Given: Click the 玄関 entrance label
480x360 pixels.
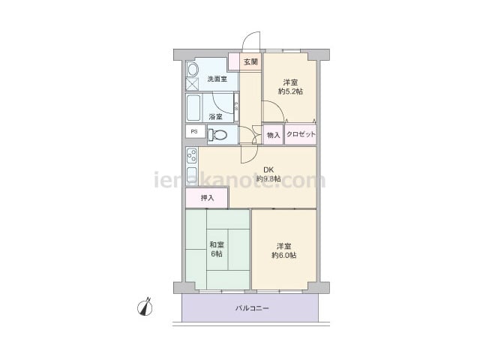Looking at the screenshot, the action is coord(250,62).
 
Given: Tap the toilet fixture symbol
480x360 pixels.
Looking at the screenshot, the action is coord(217,134).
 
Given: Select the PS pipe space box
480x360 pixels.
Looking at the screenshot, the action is coord(195,132).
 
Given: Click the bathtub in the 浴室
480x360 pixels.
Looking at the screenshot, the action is coord(193,108).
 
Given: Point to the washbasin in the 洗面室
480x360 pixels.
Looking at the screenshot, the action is coord(193,70).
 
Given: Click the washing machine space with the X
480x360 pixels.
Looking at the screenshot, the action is coord(192,84).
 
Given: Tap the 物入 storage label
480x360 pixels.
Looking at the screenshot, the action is coord(273,135).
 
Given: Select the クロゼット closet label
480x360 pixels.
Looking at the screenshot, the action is coord(301,134).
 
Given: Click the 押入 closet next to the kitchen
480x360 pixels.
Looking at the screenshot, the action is coord(207,198).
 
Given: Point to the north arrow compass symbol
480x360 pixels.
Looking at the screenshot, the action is coord(145,307).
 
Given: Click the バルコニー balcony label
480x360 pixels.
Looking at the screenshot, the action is coord(252,308).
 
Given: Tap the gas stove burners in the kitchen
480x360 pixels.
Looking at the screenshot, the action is coord(192,156).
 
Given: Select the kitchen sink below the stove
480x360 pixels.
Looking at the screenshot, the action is coord(192,175).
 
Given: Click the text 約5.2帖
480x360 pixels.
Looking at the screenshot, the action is coord(290,91).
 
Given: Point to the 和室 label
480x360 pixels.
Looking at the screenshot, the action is coord(217,245).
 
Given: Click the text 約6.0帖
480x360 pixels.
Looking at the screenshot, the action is coord(283,255).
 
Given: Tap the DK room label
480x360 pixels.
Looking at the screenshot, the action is coord(268,169).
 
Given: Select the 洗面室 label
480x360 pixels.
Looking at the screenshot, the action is coord(217,79).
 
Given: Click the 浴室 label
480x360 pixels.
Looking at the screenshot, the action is coord(215,117).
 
